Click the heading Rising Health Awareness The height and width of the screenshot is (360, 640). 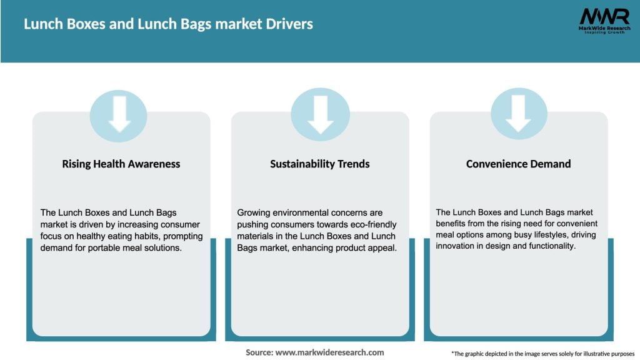click(x=121, y=164)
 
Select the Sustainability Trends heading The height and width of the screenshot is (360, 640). click(x=319, y=164)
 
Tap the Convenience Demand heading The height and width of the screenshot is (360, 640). click(x=518, y=164)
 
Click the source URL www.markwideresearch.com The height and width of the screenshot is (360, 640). click(x=329, y=352)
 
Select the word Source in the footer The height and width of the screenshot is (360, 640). click(x=259, y=352)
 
